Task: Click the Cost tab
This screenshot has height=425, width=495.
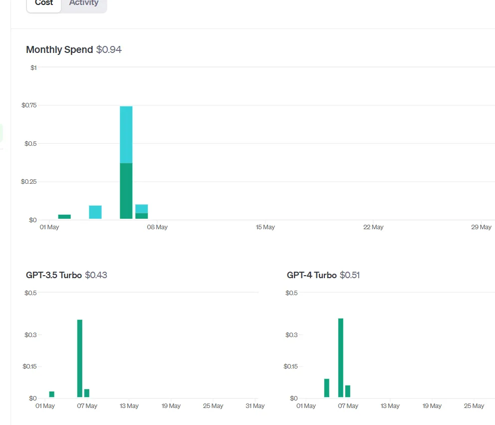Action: coord(44,4)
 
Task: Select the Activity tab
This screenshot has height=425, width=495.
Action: coord(84,3)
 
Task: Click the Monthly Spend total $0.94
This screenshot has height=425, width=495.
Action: coord(109,49)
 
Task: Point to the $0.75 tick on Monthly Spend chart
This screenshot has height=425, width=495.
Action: coord(29,105)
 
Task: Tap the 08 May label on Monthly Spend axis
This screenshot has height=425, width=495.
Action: coord(157,227)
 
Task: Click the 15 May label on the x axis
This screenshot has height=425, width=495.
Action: coord(265,227)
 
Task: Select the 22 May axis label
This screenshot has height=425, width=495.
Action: coord(373,227)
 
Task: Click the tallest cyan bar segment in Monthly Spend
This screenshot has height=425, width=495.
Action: coord(126,135)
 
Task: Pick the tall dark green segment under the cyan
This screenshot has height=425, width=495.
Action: coord(126,191)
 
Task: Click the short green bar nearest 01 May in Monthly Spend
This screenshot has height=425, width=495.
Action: coord(64,217)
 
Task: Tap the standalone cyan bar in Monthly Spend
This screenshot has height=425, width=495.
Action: coord(95,212)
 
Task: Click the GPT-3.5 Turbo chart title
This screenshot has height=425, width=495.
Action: coord(54,275)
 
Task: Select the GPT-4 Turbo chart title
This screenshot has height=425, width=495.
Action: coord(311,275)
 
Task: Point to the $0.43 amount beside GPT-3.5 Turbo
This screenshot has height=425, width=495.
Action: coord(96,275)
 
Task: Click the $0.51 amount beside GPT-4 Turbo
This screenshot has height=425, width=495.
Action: coord(350,275)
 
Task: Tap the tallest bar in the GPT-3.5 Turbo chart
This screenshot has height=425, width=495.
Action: coord(80,358)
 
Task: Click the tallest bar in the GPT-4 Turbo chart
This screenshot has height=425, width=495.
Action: coord(341,358)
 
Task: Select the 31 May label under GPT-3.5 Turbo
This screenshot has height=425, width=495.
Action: coord(255,406)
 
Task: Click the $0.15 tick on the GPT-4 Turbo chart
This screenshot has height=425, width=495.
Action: coord(290,367)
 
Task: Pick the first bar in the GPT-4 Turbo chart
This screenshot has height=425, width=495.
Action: coord(327,388)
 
